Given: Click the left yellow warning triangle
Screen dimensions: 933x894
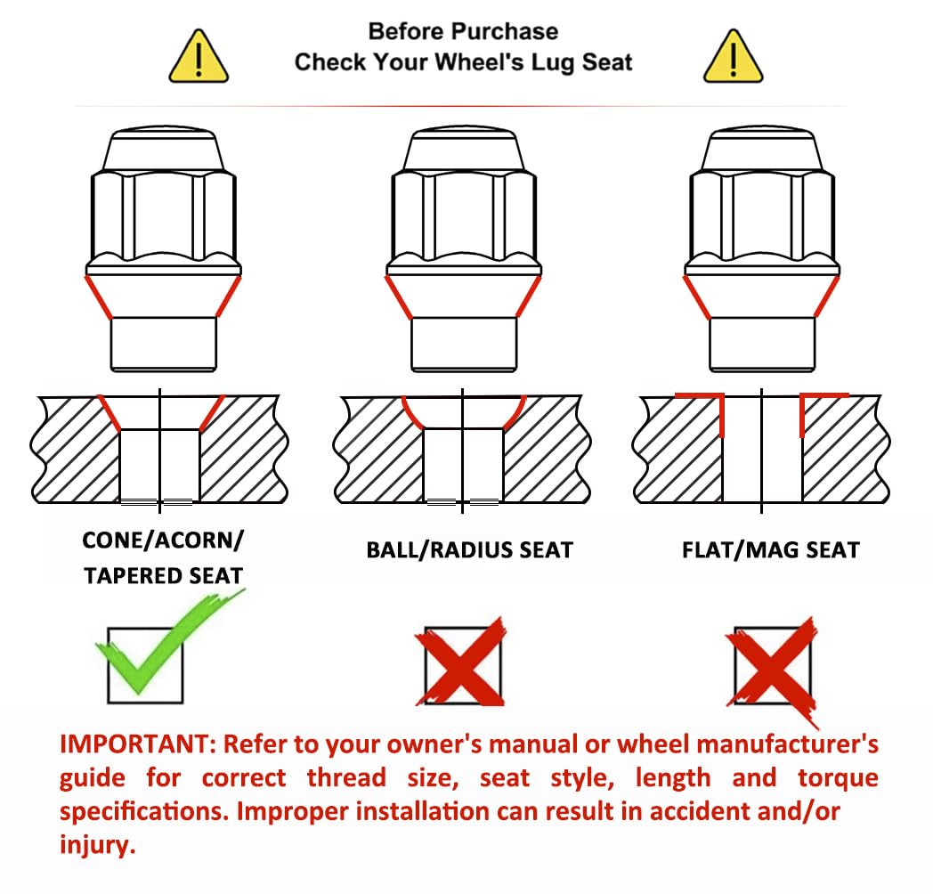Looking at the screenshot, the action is pos(199,57).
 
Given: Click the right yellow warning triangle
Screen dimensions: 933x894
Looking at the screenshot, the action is pos(733,57).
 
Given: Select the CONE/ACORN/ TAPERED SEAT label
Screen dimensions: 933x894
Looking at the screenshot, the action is pos(163,557).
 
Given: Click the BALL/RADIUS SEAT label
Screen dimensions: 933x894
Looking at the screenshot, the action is pos(469,550).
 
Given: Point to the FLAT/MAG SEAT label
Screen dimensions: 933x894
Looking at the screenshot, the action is pos(771,550).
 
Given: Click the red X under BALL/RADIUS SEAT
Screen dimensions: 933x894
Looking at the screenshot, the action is pos(460,662).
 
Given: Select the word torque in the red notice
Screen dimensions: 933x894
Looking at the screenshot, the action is pos(838,778).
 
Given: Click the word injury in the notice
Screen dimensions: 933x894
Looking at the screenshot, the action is pos(98,845).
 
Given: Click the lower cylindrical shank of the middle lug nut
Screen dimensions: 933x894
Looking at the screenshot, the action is pos(464,344).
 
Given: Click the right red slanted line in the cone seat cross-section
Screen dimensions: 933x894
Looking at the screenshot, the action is pos(213,412).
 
